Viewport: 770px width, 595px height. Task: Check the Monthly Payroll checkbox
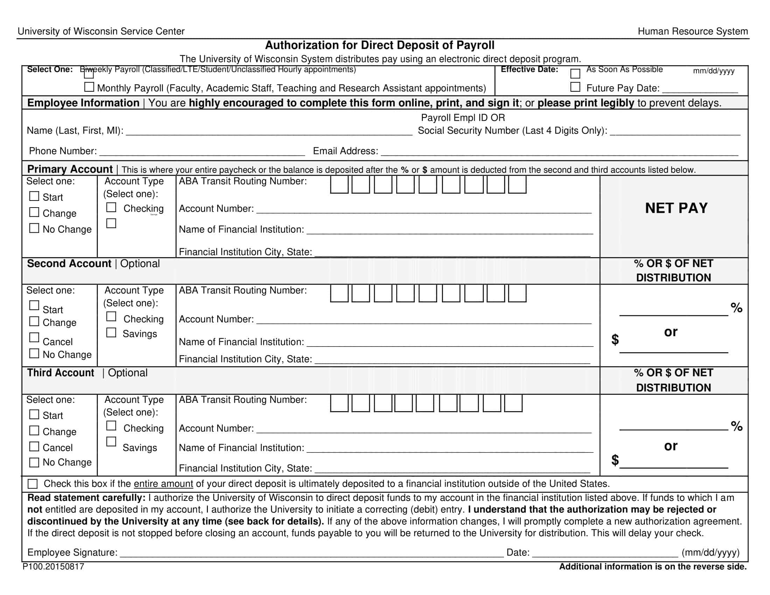89,87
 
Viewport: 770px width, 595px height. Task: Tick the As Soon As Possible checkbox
575,73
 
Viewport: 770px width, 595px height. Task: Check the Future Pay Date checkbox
575,87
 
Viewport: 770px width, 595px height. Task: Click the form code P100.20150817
53,566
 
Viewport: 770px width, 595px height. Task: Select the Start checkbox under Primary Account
34,196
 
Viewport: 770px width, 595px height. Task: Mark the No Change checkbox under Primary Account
34,228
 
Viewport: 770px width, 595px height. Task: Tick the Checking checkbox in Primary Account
111,207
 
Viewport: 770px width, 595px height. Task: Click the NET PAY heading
676,208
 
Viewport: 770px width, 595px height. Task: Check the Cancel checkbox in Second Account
34,337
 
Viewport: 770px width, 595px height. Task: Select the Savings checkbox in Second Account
111,332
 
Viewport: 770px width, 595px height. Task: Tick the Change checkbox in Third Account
34,430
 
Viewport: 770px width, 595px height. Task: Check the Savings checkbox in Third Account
111,442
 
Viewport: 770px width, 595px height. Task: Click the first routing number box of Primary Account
339,185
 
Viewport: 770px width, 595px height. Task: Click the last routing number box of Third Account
513,403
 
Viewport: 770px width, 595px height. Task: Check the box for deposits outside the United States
33,484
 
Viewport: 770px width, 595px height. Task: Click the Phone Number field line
202,152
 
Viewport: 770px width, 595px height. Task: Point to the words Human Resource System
692,31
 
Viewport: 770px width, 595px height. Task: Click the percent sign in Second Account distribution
736,308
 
